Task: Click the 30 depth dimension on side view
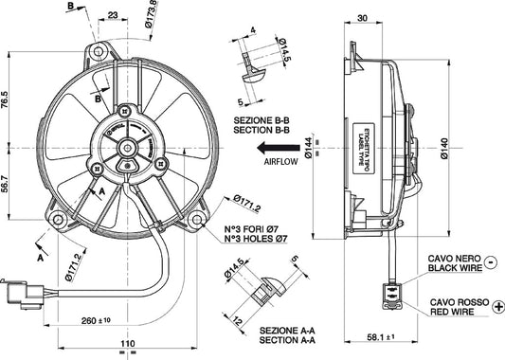tap(364, 17)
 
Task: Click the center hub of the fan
tap(127, 147)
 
